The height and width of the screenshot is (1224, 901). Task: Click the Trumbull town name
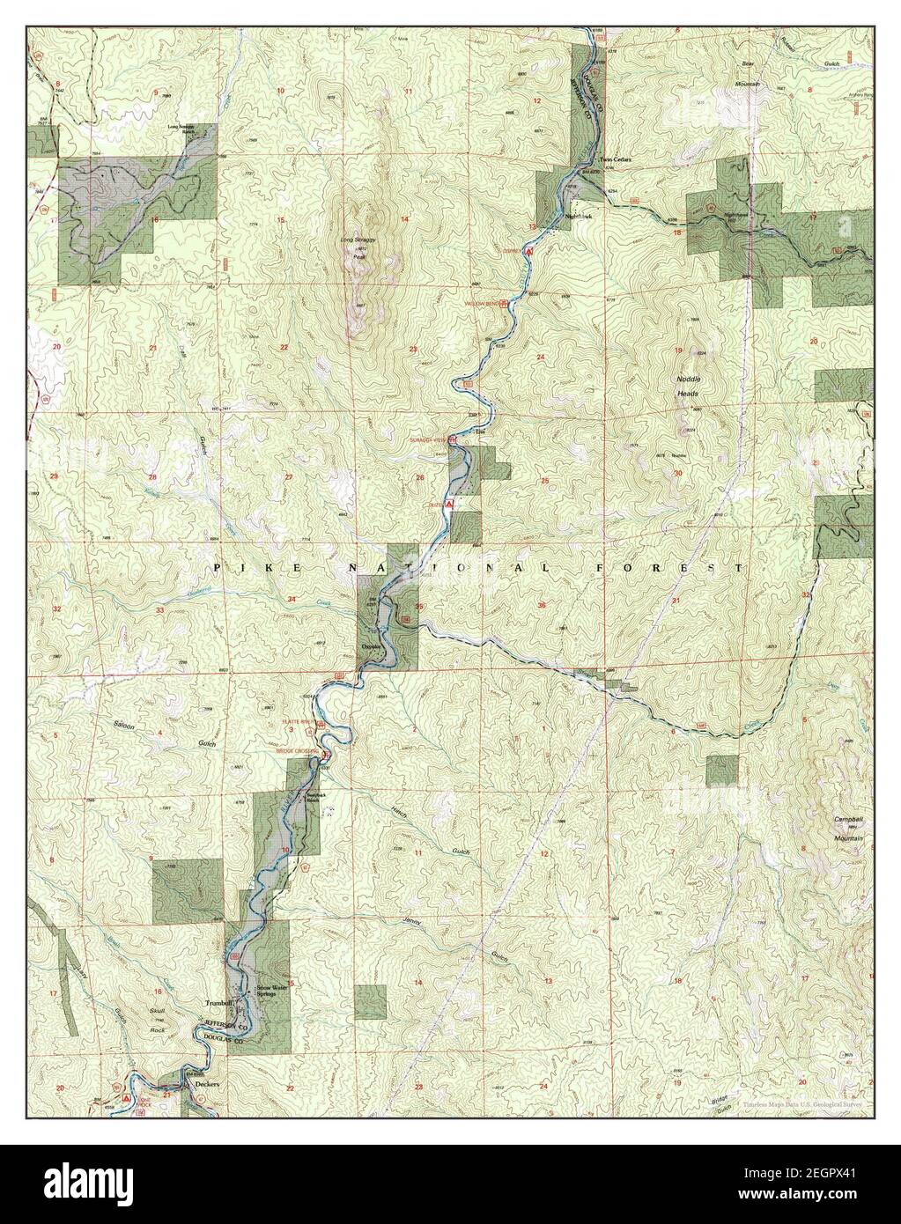click(217, 1003)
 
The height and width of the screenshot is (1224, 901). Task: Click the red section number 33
click(159, 610)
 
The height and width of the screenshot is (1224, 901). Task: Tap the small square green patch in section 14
click(370, 1001)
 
